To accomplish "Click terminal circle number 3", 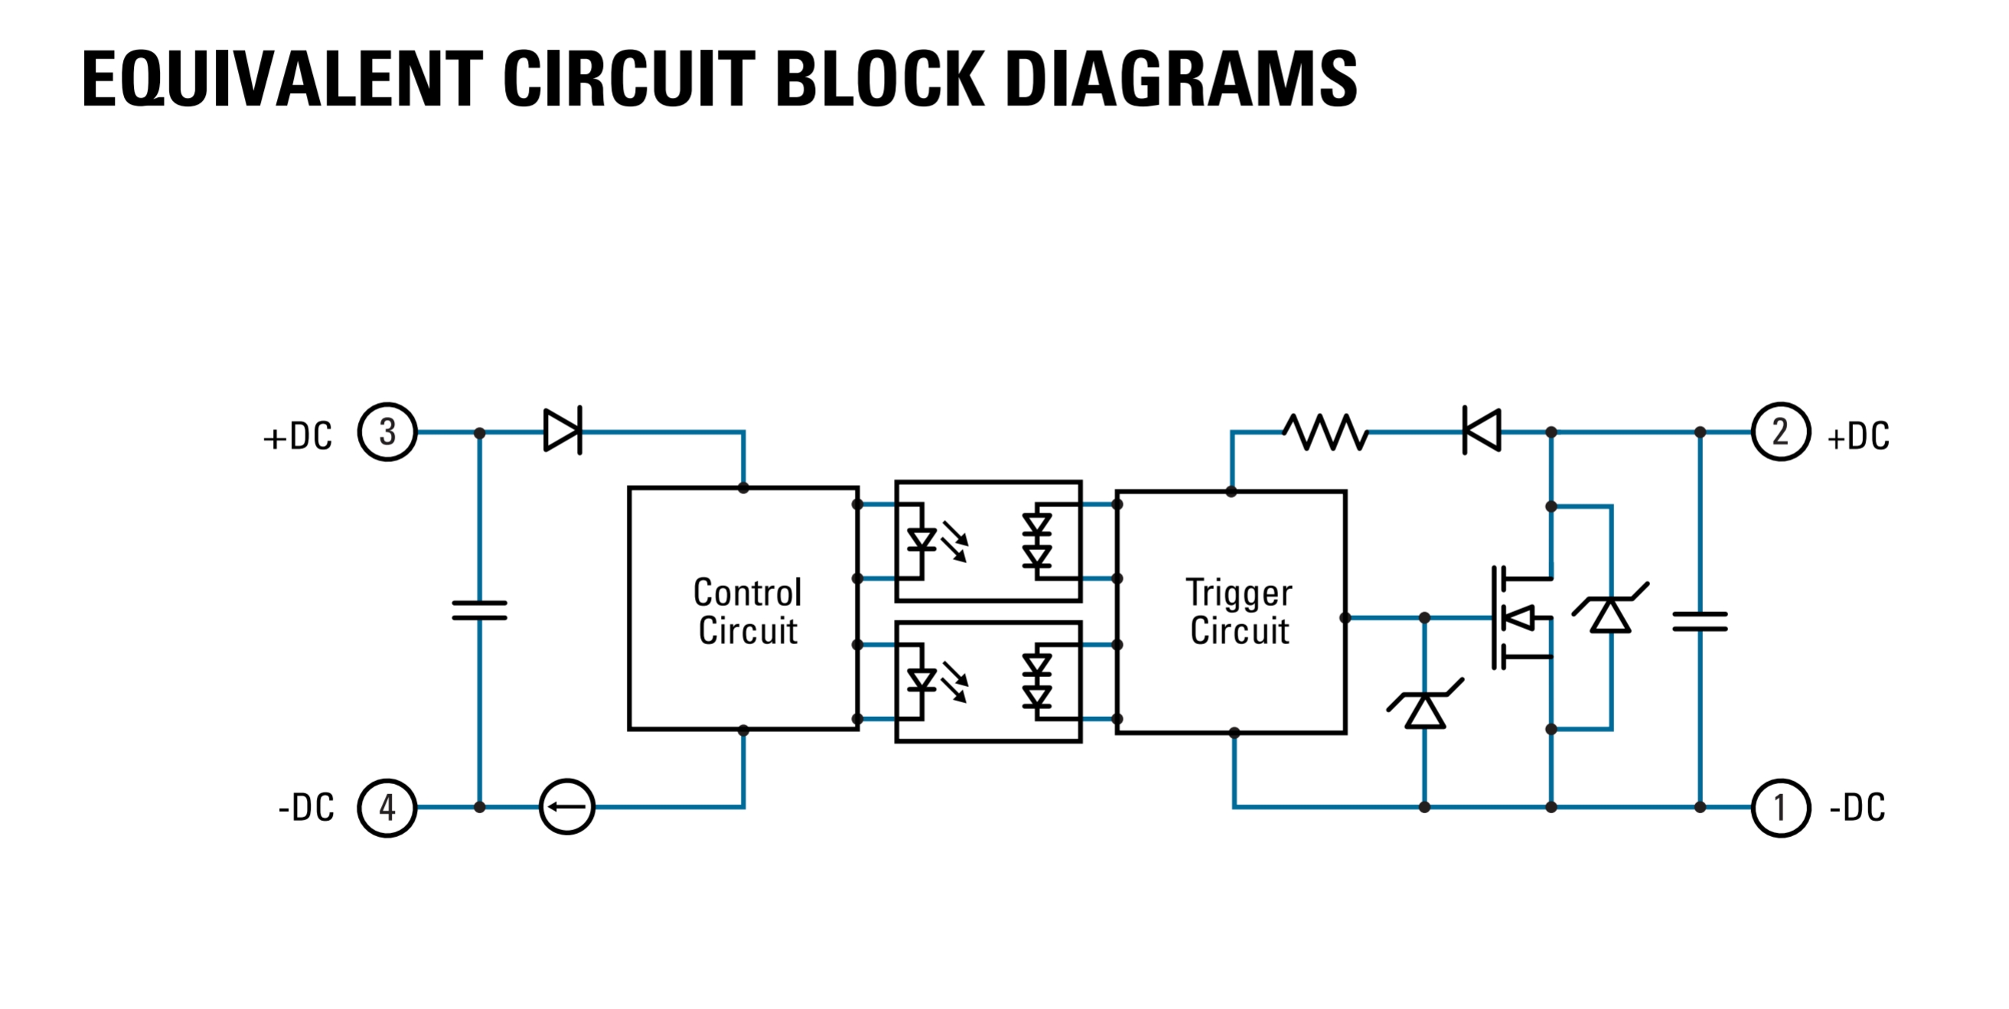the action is point(386,432).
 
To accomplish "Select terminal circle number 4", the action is point(386,807).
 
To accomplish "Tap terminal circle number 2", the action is point(1780,431).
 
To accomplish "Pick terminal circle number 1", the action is point(1780,807).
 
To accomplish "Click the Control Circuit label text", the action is point(747,611).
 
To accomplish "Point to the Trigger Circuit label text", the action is point(1239,611).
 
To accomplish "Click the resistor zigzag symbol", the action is point(1326,432).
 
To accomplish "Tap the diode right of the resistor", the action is point(1482,430).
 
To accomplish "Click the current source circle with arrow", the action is point(567,807).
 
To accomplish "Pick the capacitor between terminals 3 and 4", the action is point(480,610).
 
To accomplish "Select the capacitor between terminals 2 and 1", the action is point(1700,621).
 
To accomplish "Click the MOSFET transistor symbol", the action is point(1521,617).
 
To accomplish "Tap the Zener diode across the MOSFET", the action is point(1610,608).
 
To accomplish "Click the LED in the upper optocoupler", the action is point(923,539).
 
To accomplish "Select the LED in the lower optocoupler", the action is point(923,681).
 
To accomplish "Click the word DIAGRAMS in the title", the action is point(1182,79).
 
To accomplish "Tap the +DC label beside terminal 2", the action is point(1858,436).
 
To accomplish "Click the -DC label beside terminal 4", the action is point(305,808).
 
